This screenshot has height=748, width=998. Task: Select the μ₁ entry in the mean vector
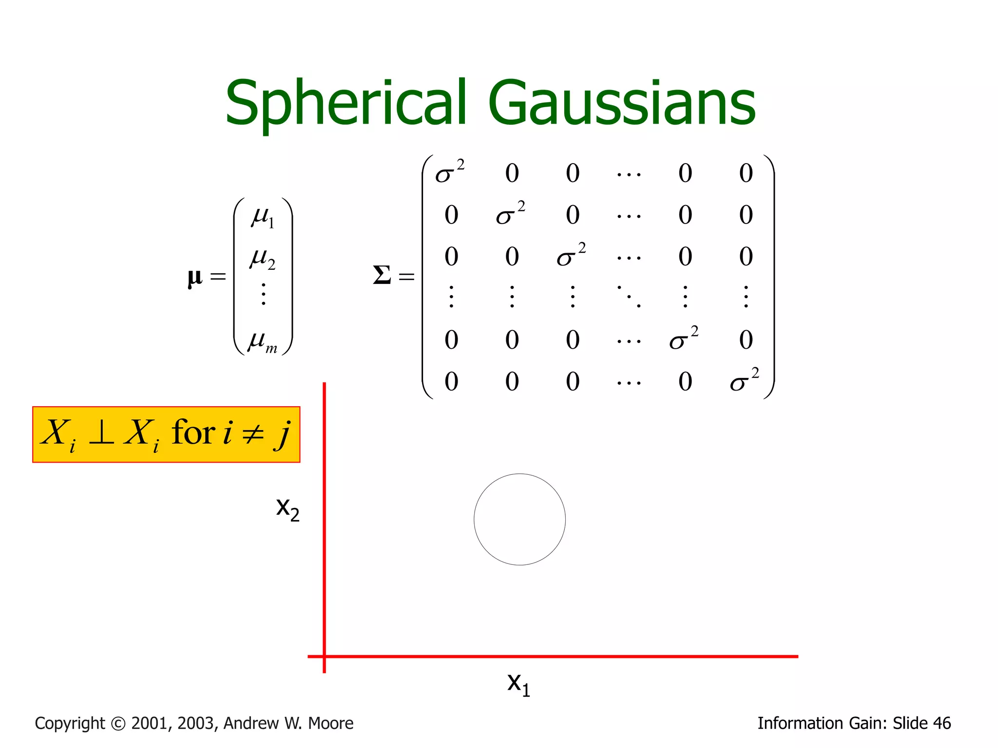click(x=263, y=217)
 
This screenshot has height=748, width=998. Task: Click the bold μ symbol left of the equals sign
click(x=195, y=277)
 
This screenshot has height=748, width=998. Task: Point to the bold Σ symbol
click(x=382, y=275)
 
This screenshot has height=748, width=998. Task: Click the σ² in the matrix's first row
click(x=449, y=171)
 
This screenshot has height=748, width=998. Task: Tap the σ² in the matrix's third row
click(x=571, y=255)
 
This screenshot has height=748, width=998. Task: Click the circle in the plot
click(x=519, y=519)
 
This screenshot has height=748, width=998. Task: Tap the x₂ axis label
click(x=288, y=508)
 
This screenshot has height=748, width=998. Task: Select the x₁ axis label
click(x=518, y=684)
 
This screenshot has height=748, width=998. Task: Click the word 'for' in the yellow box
click(x=193, y=432)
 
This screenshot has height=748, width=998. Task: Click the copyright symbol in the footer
click(x=118, y=724)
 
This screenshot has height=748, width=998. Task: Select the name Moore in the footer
click(x=331, y=724)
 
